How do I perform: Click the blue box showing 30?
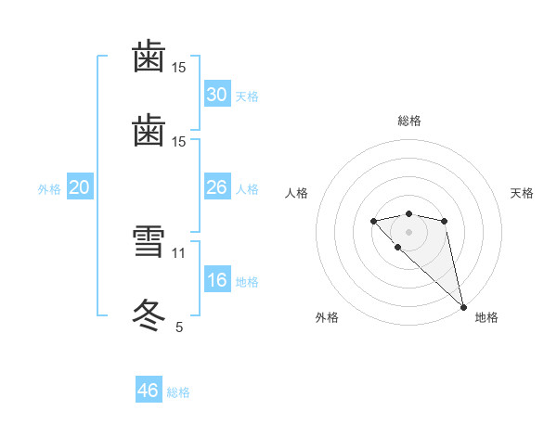(216, 95)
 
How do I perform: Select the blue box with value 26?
(216, 187)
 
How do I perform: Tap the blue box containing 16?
(216, 280)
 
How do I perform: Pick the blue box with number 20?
(79, 187)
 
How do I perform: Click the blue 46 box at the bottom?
(149, 391)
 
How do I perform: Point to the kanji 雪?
(149, 245)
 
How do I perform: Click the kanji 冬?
(149, 314)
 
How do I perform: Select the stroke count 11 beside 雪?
(179, 252)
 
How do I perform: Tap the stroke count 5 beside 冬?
(179, 327)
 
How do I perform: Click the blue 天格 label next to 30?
(247, 96)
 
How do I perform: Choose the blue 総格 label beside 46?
(178, 392)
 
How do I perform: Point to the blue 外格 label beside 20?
(49, 189)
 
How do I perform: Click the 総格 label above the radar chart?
(408, 121)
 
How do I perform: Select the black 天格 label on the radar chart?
(522, 193)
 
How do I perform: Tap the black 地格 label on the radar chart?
(486, 318)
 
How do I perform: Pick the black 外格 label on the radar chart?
(327, 318)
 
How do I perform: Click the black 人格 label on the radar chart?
(296, 193)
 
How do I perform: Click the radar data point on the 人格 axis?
(373, 221)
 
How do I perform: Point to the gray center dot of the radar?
(408, 232)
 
